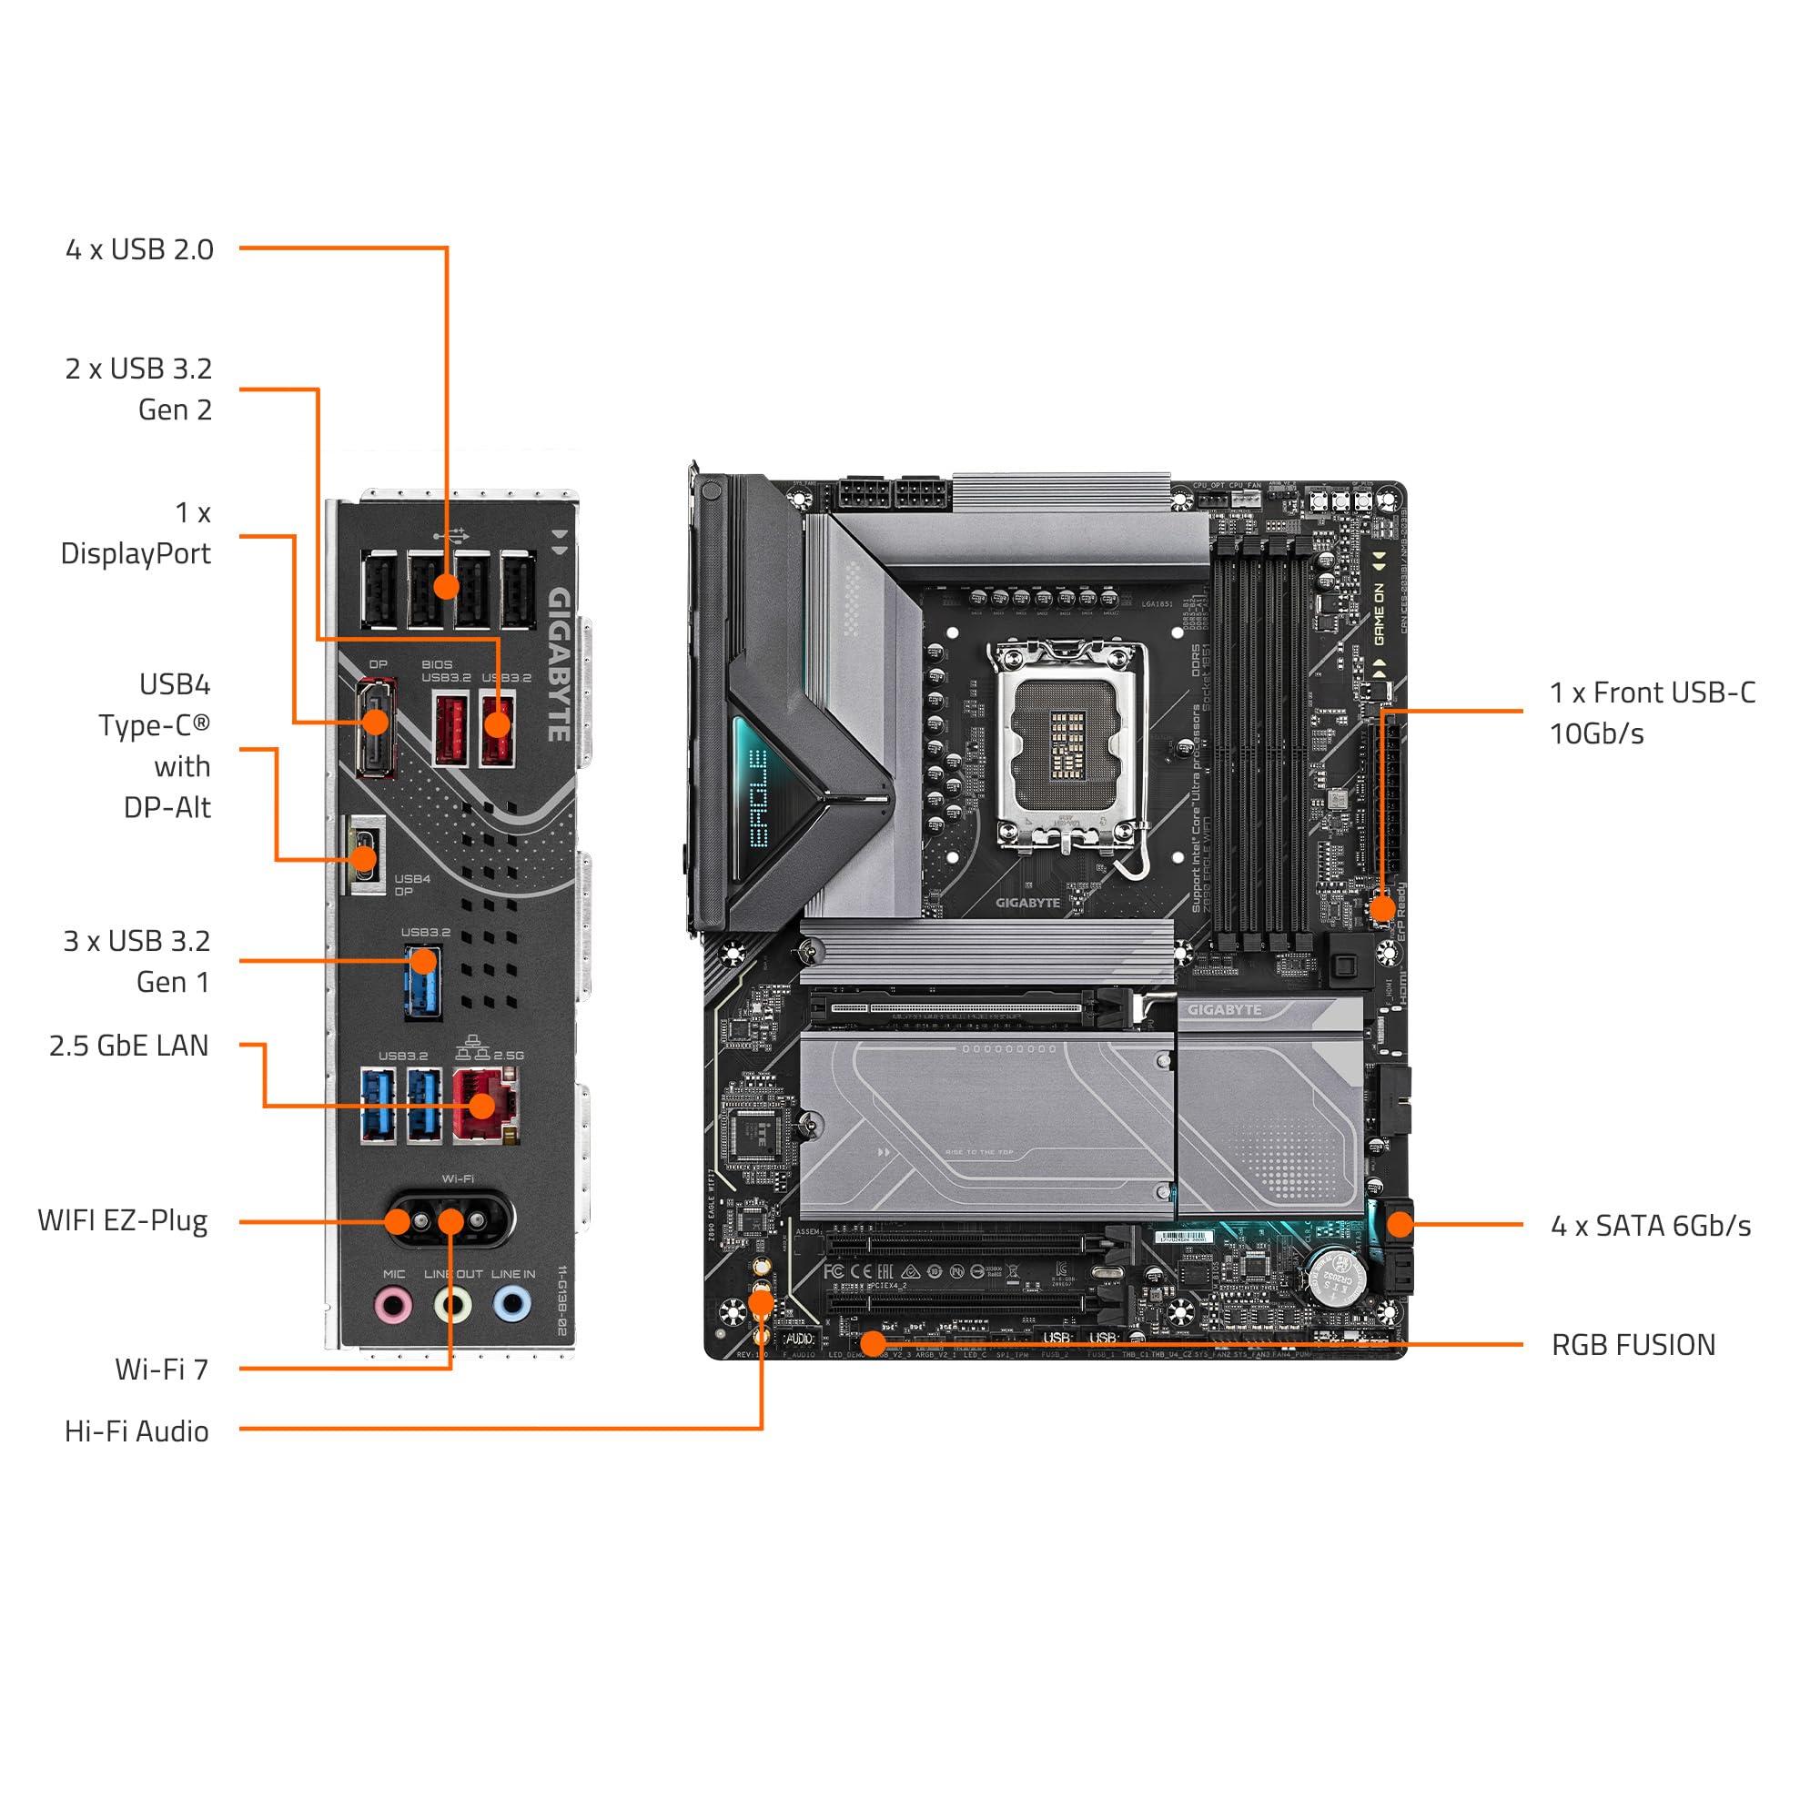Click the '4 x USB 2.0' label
point(139,249)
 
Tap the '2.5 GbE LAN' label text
point(129,1046)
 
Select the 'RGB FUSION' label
point(1633,1345)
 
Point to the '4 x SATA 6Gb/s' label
point(1651,1226)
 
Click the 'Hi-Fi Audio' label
point(136,1431)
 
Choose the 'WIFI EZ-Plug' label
point(123,1221)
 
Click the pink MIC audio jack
point(394,1306)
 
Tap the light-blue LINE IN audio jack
point(511,1305)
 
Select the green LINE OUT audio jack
point(453,1306)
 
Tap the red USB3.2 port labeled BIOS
point(450,727)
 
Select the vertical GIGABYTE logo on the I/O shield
point(560,664)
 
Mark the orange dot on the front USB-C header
point(1381,908)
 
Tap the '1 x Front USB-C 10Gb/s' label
point(1652,713)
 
